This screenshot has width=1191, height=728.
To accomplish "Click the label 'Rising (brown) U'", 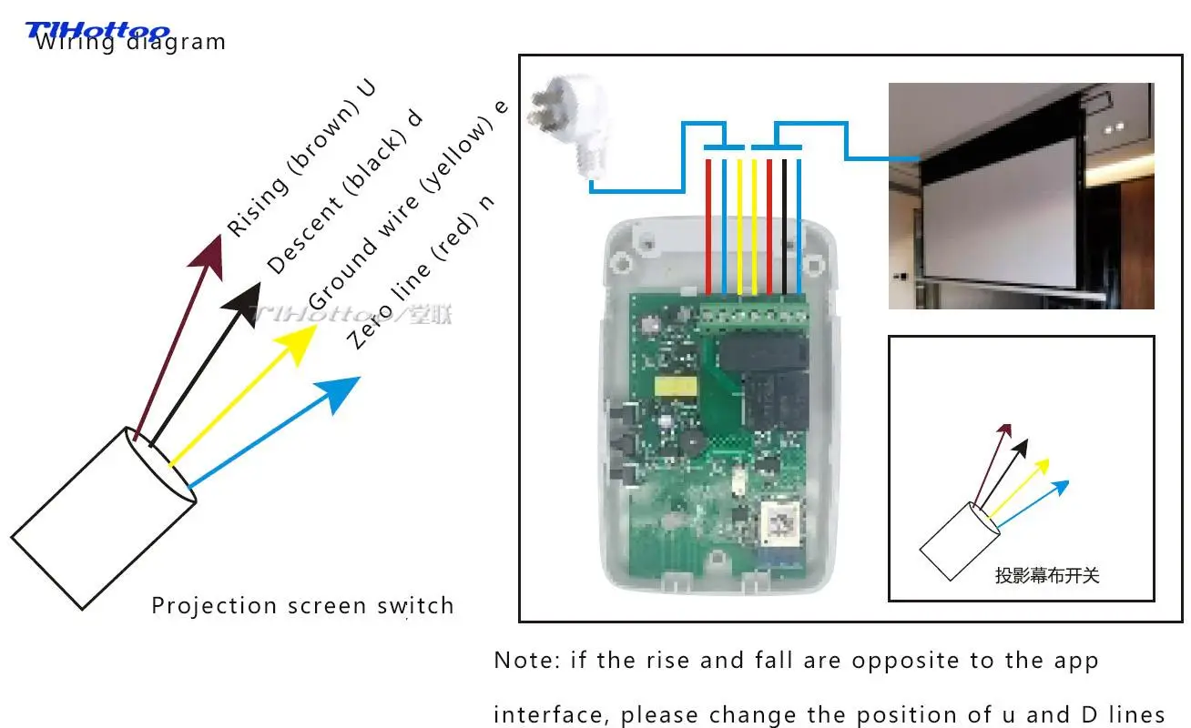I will pos(301,158).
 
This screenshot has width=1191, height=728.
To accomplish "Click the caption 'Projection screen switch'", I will pos(302,606).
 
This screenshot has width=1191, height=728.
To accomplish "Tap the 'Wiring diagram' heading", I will pos(130,42).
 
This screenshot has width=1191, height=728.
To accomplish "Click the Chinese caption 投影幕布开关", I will pos(1047,575).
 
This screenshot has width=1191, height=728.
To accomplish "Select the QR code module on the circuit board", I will pos(780,522).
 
